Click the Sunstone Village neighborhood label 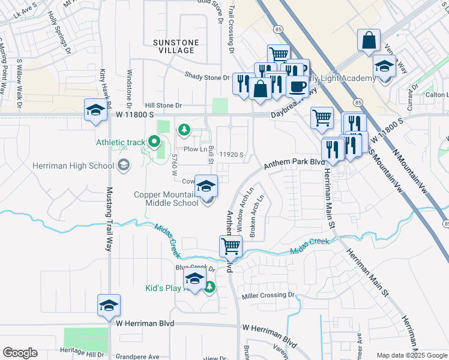tap(173, 46)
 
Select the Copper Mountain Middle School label tap(166, 199)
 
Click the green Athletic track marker tap(154, 142)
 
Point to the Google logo tap(20, 353)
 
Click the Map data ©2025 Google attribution tap(411, 355)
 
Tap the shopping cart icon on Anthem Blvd tap(231, 246)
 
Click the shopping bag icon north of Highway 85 tap(369, 41)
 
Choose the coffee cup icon tap(297, 86)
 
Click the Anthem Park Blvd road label tap(294, 162)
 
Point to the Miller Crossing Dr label tap(269, 296)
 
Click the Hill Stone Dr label tap(158, 105)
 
